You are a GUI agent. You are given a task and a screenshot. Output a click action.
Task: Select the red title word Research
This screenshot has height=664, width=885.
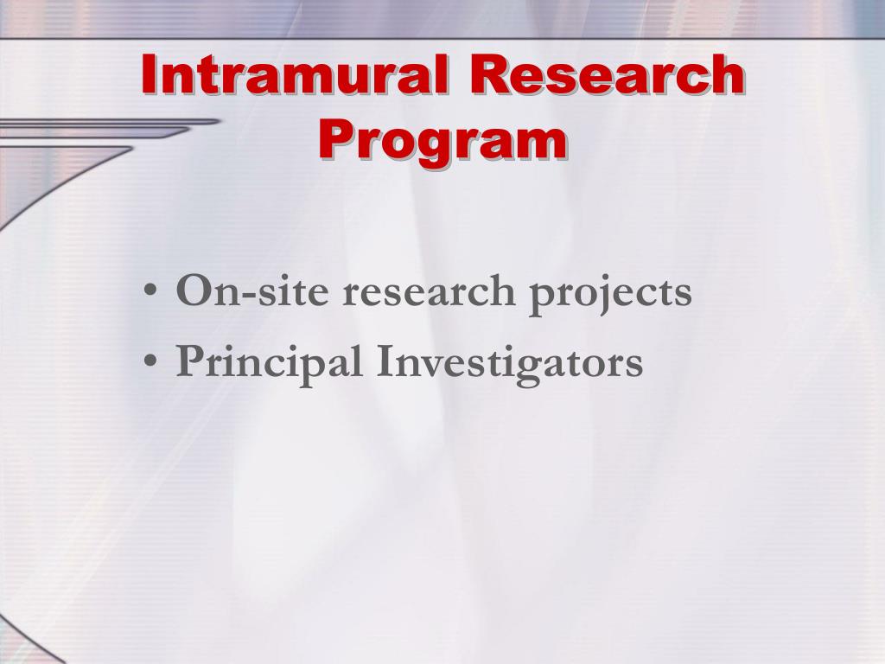coord(606,76)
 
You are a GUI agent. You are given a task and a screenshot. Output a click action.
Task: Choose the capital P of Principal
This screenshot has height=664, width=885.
coord(188,362)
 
